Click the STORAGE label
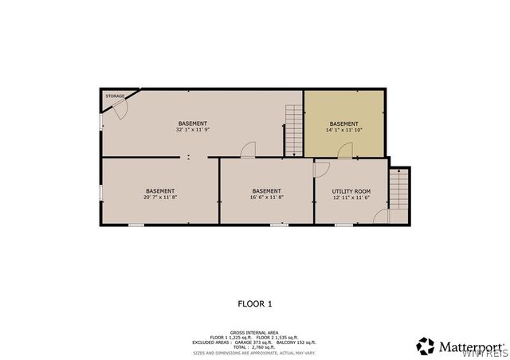pyautogui.click(x=116, y=96)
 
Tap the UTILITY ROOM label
pyautogui.click(x=351, y=191)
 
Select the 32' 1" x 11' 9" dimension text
pyautogui.click(x=193, y=130)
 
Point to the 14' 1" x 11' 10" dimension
pyautogui.click(x=344, y=131)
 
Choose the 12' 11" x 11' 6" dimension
pyautogui.click(x=351, y=198)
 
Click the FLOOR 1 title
pyautogui.click(x=255, y=303)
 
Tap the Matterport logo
pyautogui.click(x=460, y=346)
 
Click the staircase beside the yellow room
pyautogui.click(x=295, y=131)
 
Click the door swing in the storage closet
pyautogui.click(x=119, y=111)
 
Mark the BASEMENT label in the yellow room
pyautogui.click(x=344, y=123)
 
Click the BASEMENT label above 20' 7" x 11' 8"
pyautogui.click(x=160, y=191)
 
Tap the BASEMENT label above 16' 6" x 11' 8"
pyautogui.click(x=266, y=191)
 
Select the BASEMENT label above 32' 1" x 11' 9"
pyautogui.click(x=193, y=123)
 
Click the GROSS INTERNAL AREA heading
pyautogui.click(x=255, y=332)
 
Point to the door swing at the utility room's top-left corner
pyautogui.click(x=321, y=170)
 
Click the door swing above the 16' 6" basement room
pyautogui.click(x=248, y=150)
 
